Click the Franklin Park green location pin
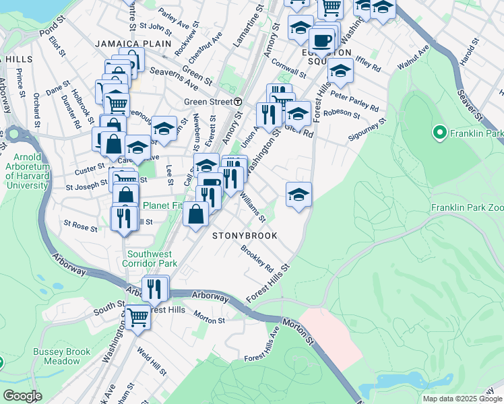[x=441, y=133]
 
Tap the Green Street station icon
[x=238, y=102]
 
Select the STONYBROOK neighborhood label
[x=245, y=236]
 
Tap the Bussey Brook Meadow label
[x=57, y=356]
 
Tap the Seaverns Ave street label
[x=174, y=78]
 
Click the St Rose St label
[x=80, y=224]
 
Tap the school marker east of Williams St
[x=298, y=195]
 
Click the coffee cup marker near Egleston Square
[x=321, y=39]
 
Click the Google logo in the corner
[x=22, y=396]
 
